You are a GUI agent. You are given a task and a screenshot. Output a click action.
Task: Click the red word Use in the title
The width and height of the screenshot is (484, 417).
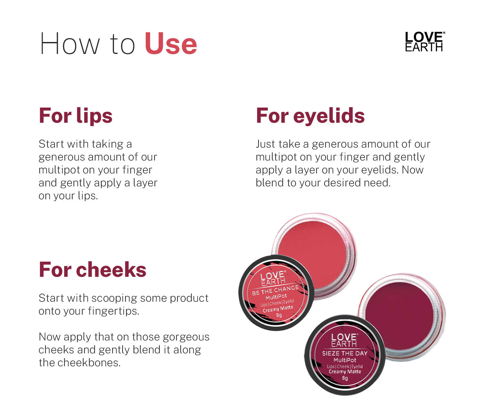pyautogui.click(x=171, y=44)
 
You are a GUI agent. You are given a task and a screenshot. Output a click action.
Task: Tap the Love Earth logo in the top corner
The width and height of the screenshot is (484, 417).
pyautogui.click(x=425, y=41)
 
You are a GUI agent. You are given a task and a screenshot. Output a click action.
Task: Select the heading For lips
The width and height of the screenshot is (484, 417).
pyautogui.click(x=76, y=116)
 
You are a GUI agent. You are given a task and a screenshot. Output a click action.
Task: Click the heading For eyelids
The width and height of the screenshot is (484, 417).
pyautogui.click(x=310, y=116)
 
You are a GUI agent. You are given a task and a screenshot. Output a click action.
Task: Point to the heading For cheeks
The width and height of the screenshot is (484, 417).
pyautogui.click(x=93, y=270)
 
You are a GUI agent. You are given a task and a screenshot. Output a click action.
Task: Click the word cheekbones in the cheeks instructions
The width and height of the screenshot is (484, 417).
pyautogui.click(x=89, y=363)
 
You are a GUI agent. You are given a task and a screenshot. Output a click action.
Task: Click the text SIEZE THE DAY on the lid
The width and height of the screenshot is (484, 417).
pyautogui.click(x=345, y=353)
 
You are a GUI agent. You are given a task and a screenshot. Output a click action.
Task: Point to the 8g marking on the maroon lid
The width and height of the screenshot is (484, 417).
pyautogui.click(x=345, y=378)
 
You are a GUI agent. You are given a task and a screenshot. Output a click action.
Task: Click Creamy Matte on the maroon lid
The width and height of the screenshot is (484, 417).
pyautogui.click(x=345, y=371)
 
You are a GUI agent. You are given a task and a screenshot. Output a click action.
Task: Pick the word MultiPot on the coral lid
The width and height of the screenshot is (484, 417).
pyautogui.click(x=276, y=297)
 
